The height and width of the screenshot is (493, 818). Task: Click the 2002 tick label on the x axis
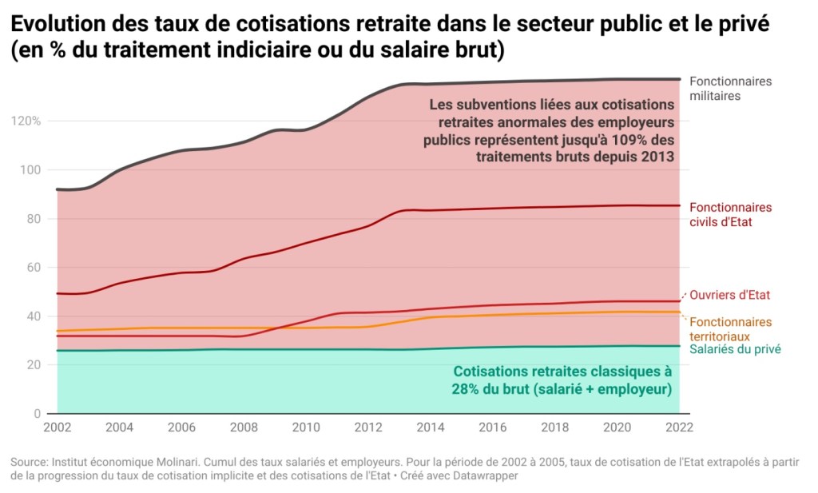pyautogui.click(x=58, y=427)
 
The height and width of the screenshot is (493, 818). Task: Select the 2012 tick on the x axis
pyautogui.click(x=368, y=427)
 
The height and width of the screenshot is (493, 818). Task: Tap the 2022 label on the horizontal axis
pyautogui.click(x=679, y=427)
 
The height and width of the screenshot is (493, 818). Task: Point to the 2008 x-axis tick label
pyautogui.click(x=244, y=427)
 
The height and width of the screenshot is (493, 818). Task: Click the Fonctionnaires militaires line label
pyautogui.click(x=730, y=88)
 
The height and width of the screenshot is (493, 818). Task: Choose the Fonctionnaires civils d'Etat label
pyautogui.click(x=730, y=214)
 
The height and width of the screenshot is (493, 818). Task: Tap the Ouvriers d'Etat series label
pyautogui.click(x=729, y=295)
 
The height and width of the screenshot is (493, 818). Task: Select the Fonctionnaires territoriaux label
pyautogui.click(x=730, y=328)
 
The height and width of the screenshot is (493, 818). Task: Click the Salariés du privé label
pyautogui.click(x=735, y=349)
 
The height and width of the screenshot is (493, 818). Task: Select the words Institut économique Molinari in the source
pyautogui.click(x=128, y=462)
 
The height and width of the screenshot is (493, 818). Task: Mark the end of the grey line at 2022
pyautogui.click(x=679, y=79)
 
